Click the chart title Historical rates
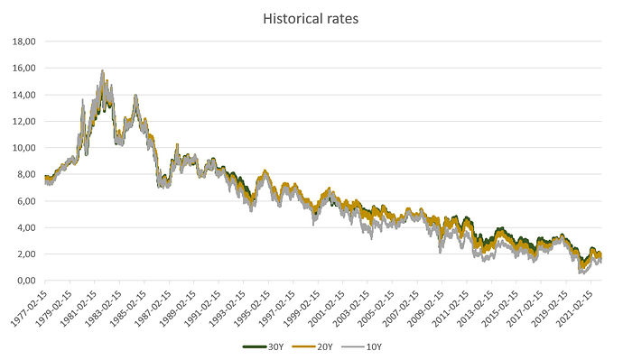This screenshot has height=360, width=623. (311, 17)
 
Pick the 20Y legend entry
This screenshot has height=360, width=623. (312, 346)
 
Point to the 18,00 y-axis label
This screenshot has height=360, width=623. (22, 42)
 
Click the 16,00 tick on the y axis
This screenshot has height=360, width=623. (22, 68)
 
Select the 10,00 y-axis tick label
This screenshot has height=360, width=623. (22, 148)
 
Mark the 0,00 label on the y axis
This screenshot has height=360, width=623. (24, 281)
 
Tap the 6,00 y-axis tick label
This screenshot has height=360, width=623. (24, 201)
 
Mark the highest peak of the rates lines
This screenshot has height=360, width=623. (103, 71)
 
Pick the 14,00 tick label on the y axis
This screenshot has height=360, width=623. (22, 95)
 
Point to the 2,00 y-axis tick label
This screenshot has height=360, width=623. (24, 254)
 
